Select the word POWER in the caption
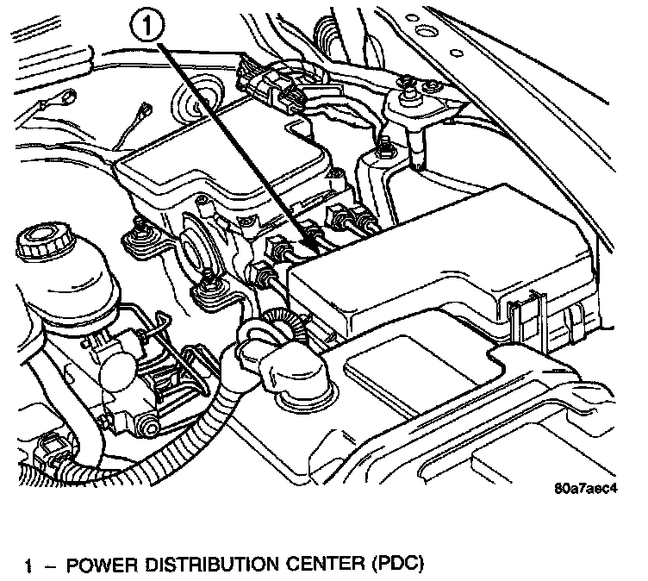pos(96,566)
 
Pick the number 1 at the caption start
pos(29,566)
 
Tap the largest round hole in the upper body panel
pos(422,35)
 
